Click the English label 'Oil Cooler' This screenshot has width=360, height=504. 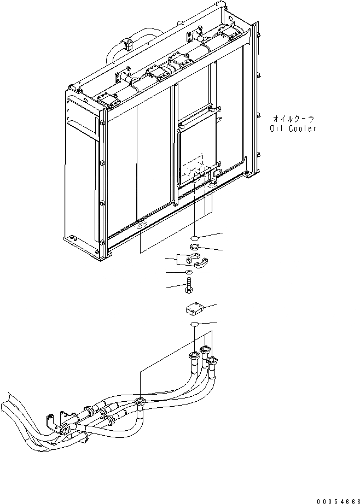(x=293, y=129)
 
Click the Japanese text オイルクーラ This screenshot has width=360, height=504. (x=293, y=118)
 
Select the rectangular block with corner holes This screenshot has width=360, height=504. (x=194, y=312)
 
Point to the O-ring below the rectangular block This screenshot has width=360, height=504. (x=194, y=326)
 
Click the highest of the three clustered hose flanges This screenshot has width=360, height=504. (x=205, y=349)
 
